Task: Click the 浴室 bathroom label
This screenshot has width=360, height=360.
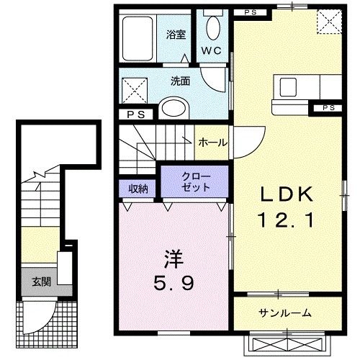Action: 176,34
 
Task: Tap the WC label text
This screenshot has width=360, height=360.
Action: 211,50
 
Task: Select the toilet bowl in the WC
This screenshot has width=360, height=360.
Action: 212,28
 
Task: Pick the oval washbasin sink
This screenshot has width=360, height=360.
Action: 174,108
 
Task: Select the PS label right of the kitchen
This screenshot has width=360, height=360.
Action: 329,108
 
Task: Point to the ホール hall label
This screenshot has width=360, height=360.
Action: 212,143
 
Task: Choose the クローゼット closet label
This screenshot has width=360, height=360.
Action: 195,181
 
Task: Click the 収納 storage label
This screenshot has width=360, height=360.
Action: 138,188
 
